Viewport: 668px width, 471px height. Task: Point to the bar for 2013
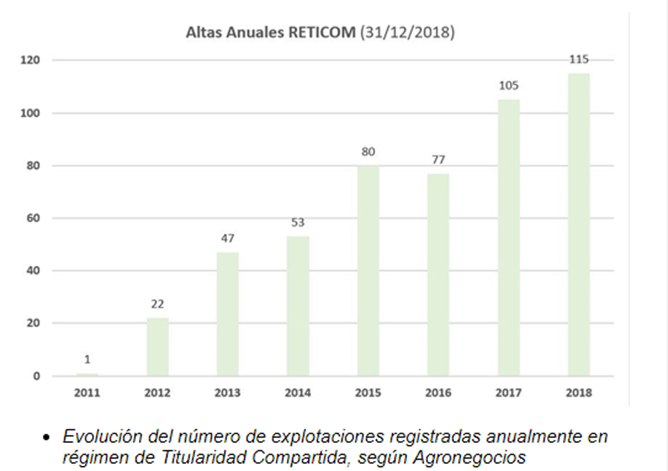[228, 314]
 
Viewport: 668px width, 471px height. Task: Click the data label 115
[578, 59]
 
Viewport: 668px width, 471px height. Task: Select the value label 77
[438, 160]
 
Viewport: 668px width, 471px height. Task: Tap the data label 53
[297, 223]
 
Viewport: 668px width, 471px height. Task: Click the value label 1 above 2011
[87, 359]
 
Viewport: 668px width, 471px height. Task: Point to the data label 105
[508, 86]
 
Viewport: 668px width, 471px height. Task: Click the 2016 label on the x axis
[438, 393]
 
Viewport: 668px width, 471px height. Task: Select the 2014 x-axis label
[297, 393]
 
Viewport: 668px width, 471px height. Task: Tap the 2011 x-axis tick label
[87, 393]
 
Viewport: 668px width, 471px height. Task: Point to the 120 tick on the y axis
[31, 60]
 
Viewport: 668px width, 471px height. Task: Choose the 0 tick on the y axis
[37, 376]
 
